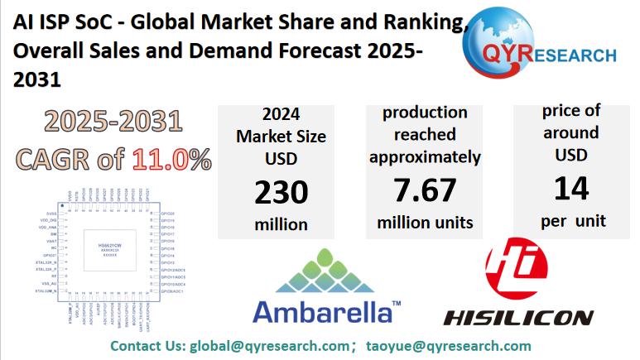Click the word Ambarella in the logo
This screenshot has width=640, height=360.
coord(322,312)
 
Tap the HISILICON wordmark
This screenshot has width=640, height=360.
coord(518,317)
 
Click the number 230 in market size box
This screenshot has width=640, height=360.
coord(281,194)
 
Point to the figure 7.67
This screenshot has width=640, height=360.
coord(425,190)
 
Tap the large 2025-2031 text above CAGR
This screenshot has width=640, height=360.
coord(113,122)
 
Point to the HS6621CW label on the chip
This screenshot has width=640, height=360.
coord(103,245)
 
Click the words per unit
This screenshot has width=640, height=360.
coord(573,221)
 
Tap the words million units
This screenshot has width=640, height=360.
coord(425,223)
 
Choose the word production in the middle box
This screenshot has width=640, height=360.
coord(425,112)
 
